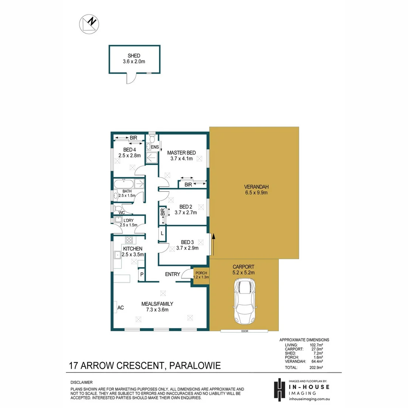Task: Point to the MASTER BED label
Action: [x=181, y=153]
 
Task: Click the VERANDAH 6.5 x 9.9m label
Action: [x=255, y=190]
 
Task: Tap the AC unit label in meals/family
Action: [x=121, y=308]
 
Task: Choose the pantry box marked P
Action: [x=142, y=275]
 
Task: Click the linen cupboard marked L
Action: [x=162, y=233]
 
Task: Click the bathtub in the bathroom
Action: [x=124, y=184]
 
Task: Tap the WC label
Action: [x=122, y=213]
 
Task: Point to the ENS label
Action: [x=155, y=147]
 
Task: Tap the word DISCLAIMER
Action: [x=81, y=382]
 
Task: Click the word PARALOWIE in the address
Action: [x=195, y=366]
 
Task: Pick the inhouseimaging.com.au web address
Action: [x=309, y=399]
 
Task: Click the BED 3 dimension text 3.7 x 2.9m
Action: [x=187, y=248]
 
